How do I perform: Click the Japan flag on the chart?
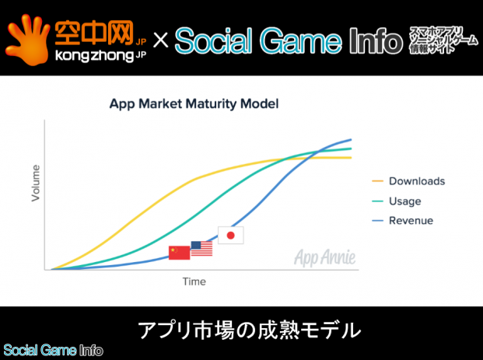pos(231,236)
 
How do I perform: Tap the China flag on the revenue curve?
pos(179,253)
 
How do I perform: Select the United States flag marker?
pos(201,249)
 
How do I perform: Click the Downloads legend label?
pos(417,181)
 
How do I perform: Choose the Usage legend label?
pos(404,201)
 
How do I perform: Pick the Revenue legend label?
pos(411,221)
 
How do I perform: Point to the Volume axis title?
pos(36,183)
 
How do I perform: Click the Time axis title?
pos(194,281)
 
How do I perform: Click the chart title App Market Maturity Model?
pos(194,103)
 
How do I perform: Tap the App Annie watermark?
pos(325,257)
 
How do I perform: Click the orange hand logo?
pos(27,40)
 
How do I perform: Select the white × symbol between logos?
pos(160,40)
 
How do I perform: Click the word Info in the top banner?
pos(376,41)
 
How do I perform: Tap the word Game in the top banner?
pos(301,41)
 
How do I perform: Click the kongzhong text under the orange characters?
pos(94,56)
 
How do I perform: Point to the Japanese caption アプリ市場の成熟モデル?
pos(249,330)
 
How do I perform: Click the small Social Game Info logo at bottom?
pos(53,351)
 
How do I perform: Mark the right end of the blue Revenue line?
pos(351,139)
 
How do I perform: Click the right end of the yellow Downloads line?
pos(351,158)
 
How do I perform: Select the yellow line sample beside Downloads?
pos(377,181)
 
